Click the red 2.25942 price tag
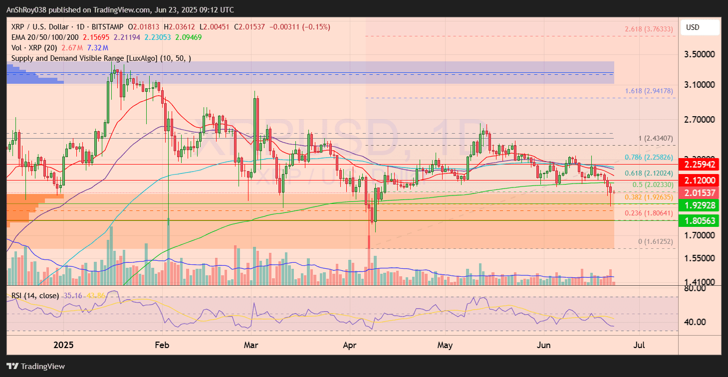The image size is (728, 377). point(700,164)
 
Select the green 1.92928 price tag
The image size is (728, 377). point(700,205)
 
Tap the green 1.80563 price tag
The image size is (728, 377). point(700,220)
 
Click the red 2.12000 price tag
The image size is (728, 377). point(700,181)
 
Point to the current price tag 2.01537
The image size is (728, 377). point(700,193)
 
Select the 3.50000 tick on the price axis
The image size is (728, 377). point(700,54)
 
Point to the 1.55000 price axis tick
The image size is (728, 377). point(700,258)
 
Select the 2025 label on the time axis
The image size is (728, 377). point(63,345)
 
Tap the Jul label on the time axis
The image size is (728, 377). point(638,345)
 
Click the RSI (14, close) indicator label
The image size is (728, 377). point(34,296)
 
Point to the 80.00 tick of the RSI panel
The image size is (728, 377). point(695,288)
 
